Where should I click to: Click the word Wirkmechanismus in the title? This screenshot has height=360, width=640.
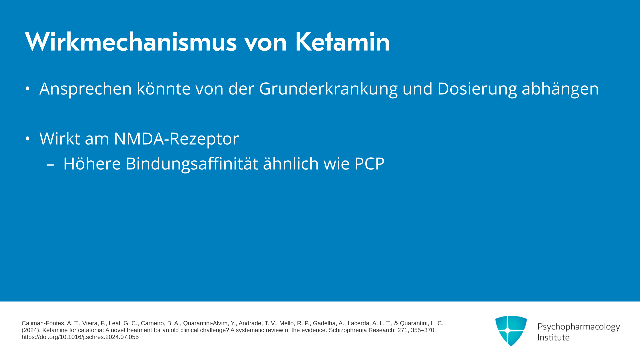[131, 42]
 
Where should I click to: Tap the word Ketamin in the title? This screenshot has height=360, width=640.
[342, 42]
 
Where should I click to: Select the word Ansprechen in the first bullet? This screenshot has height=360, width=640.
[86, 89]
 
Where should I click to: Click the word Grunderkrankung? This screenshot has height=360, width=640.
[328, 89]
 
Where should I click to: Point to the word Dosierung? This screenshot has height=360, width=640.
[477, 89]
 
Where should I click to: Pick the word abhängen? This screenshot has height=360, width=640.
[560, 89]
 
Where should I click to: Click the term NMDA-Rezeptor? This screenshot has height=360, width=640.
[176, 139]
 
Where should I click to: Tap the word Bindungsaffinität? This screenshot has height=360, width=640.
[192, 164]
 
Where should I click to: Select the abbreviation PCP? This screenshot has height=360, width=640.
[369, 164]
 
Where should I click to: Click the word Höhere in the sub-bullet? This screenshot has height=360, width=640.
[92, 164]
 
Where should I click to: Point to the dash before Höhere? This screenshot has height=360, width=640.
[50, 164]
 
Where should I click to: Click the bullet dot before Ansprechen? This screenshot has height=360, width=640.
[28, 89]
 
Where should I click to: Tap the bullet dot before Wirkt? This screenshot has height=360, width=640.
[28, 138]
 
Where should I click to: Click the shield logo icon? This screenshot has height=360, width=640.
[511, 331]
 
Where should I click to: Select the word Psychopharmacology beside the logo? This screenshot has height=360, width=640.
[579, 327]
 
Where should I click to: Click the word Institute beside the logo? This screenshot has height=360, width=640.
[553, 338]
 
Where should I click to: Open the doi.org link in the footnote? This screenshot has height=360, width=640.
[80, 337]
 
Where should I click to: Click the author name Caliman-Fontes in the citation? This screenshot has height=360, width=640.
[43, 323]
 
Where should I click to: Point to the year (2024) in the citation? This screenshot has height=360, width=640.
[30, 330]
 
